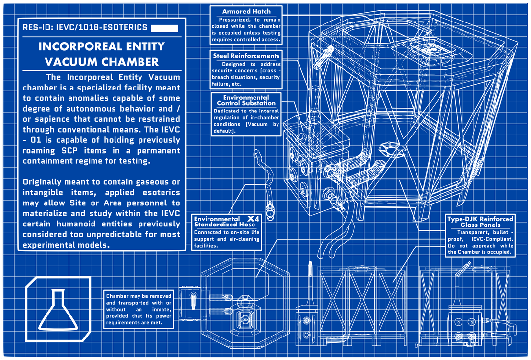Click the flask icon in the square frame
(58, 310)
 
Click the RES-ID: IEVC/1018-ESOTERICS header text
(85, 27)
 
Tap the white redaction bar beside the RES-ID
(164, 28)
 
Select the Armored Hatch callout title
(246, 11)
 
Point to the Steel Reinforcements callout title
(246, 56)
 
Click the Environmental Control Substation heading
(246, 100)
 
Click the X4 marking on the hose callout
(253, 218)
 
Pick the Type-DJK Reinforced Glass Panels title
(480, 222)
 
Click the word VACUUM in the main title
(70, 62)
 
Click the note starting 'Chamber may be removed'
(139, 310)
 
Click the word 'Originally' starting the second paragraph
(46, 182)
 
